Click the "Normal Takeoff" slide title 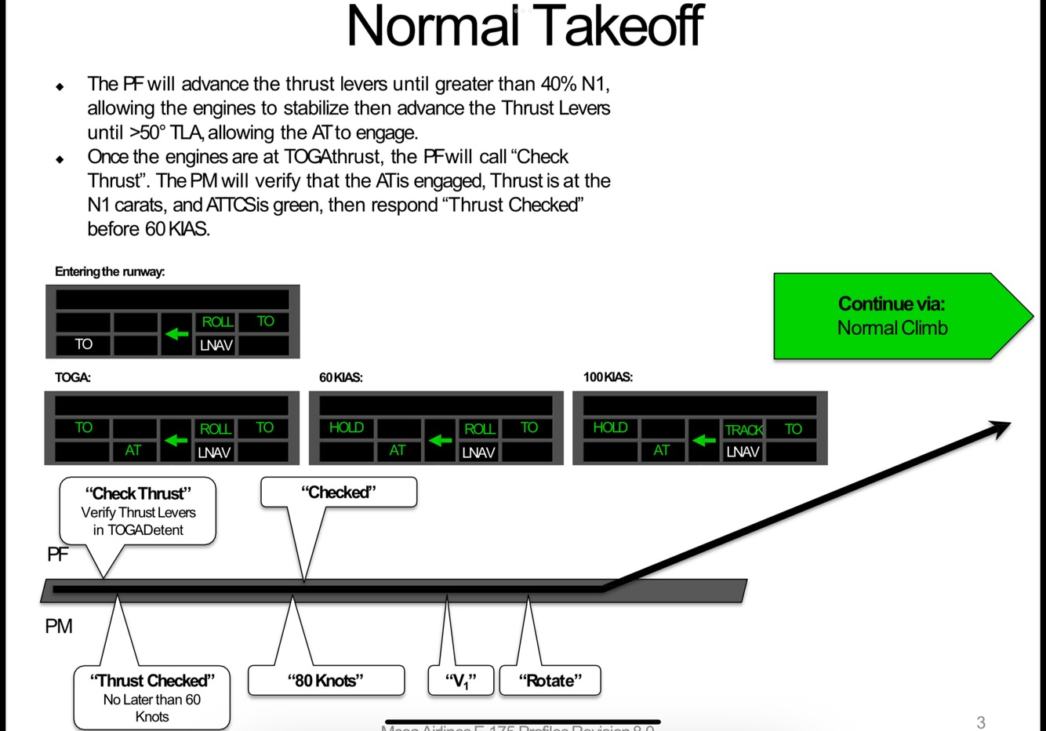point(525,26)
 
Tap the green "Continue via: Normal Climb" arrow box point(894,316)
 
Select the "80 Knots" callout point(325,681)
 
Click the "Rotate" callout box point(550,681)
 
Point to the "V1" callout point(461,681)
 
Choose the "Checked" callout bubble point(338,493)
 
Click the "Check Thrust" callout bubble point(138,511)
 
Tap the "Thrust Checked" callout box point(151,697)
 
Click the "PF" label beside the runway point(57,555)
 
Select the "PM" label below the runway point(59,627)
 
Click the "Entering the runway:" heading point(110,272)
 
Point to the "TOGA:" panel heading point(73,377)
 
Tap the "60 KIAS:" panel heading point(340,377)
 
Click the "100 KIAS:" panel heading point(608,377)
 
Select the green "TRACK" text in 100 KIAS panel point(743,430)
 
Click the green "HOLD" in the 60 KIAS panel point(346,427)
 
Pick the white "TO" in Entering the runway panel point(83,344)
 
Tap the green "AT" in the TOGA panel point(133,450)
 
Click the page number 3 point(980,722)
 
